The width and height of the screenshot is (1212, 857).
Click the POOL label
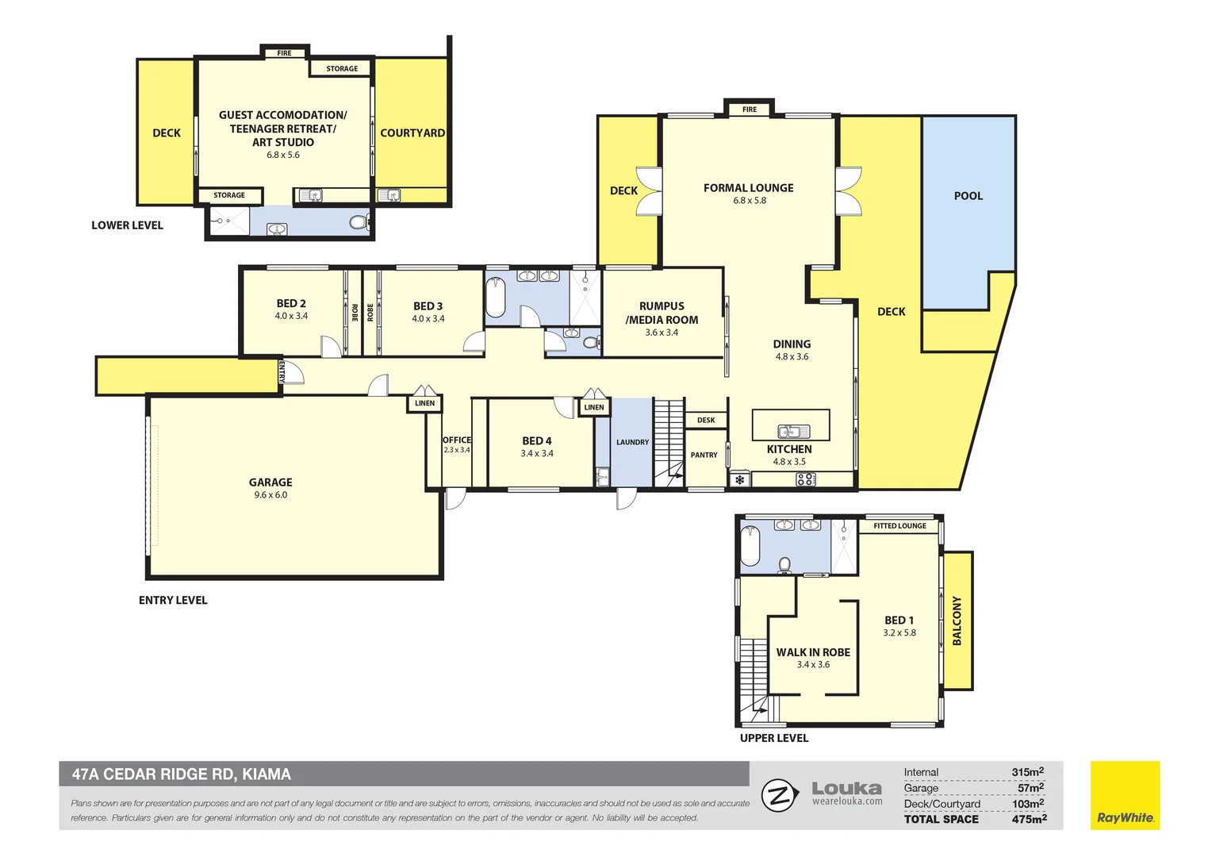968,196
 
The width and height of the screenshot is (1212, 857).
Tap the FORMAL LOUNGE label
748,188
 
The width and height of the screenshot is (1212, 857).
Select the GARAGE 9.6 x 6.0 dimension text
270,495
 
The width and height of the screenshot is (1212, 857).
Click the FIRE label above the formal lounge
750,110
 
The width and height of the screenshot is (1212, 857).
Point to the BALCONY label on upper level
957,621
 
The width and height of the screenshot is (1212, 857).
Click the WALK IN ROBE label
813,652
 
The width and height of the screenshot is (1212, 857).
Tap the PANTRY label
704,455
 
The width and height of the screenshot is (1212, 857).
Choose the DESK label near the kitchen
706,420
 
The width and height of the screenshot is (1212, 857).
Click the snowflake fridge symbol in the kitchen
739,479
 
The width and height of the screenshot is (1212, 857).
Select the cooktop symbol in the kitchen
806,479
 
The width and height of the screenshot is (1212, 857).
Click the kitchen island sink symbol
794,432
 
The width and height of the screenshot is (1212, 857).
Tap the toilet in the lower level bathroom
359,222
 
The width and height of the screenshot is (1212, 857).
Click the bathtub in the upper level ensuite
750,546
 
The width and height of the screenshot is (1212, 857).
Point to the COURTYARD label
412,133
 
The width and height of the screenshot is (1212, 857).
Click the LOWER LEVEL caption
127,225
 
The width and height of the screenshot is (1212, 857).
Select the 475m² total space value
1029,819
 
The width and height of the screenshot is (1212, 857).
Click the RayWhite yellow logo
1125,795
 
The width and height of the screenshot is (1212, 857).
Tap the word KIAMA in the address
267,774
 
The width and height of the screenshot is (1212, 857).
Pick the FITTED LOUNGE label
899,525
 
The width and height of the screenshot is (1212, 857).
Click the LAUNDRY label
632,442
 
